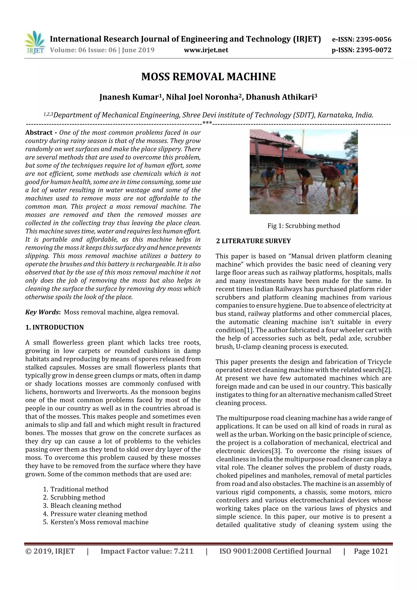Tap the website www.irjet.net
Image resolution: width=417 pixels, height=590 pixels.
(206, 50)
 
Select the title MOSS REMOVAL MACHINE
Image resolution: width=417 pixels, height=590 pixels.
(208, 77)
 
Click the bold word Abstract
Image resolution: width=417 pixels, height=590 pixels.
(39, 133)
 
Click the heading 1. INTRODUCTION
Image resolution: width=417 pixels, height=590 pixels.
(55, 327)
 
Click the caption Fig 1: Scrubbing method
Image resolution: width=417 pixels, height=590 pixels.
(303, 226)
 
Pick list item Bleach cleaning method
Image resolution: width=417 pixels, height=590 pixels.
(86, 505)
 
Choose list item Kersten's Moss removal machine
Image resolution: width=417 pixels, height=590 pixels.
(99, 522)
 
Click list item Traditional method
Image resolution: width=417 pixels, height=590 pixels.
(79, 489)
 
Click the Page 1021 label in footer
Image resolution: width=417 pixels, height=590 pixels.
(371, 551)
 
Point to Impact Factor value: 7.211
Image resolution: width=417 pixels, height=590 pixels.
(147, 551)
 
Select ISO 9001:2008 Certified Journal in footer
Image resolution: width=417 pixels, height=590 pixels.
(275, 551)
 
